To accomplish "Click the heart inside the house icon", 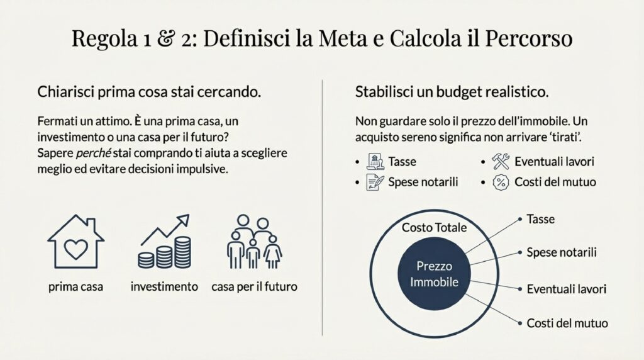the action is click(76, 249).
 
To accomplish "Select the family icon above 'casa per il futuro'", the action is click(254, 242).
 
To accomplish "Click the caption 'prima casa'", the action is click(75, 286).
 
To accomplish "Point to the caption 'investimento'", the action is click(164, 286).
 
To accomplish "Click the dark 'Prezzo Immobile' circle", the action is click(434, 274).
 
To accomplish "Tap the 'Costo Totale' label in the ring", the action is click(434, 228).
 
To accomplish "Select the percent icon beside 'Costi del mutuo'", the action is click(501, 182).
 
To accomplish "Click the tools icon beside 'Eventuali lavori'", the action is click(501, 162).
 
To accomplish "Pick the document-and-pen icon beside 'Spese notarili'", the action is click(375, 182).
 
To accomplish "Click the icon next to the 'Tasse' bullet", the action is click(375, 162).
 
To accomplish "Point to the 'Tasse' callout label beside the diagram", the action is click(540, 219).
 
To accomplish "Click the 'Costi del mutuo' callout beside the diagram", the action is click(567, 323).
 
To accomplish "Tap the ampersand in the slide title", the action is click(165, 38).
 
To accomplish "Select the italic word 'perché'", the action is click(94, 153).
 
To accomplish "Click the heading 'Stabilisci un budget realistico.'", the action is click(452, 92).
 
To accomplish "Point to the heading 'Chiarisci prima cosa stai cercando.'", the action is click(149, 92).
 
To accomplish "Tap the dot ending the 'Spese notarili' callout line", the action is click(520, 252).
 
